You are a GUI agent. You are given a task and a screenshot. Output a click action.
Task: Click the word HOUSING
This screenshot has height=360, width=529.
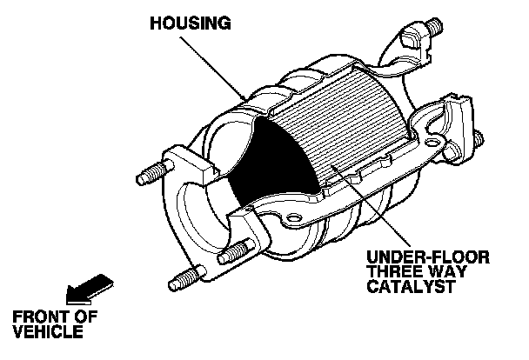(191, 24)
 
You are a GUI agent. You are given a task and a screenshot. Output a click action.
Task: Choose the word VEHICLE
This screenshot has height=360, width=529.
(47, 331)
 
